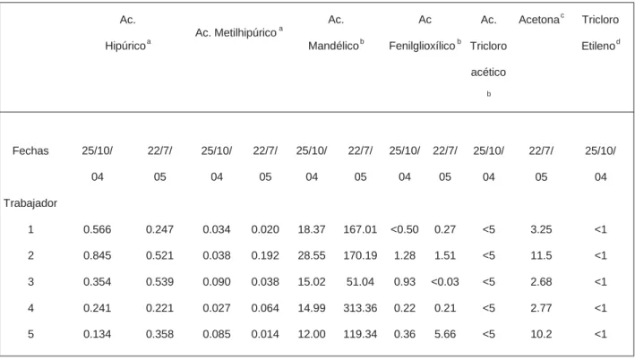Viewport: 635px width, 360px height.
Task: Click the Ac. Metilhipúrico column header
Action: click(239, 32)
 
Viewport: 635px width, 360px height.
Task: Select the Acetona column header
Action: click(542, 20)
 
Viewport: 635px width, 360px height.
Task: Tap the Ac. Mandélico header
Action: click(336, 33)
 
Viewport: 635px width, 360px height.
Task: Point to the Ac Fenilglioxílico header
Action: click(425, 33)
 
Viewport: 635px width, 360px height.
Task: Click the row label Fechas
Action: click(30, 150)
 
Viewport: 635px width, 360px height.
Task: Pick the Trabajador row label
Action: click(30, 203)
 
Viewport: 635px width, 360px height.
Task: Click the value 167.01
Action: click(360, 229)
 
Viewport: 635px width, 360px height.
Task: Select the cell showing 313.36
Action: click(360, 308)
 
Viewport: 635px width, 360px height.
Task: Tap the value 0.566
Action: click(98, 229)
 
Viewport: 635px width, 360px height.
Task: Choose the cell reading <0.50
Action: click(405, 229)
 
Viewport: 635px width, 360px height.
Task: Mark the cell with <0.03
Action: click(445, 281)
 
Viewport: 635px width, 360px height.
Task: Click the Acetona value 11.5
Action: click(541, 255)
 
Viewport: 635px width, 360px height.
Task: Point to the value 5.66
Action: click(445, 334)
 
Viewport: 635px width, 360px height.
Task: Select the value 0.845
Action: click(98, 255)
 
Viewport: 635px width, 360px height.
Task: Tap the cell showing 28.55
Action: click(312, 255)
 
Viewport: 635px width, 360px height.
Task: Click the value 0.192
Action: click(265, 255)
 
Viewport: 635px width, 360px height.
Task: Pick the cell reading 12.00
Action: click(312, 334)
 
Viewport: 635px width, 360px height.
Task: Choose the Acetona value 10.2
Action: click(541, 334)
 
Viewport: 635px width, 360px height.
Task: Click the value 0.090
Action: click(217, 281)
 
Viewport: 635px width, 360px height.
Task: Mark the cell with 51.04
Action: click(360, 281)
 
